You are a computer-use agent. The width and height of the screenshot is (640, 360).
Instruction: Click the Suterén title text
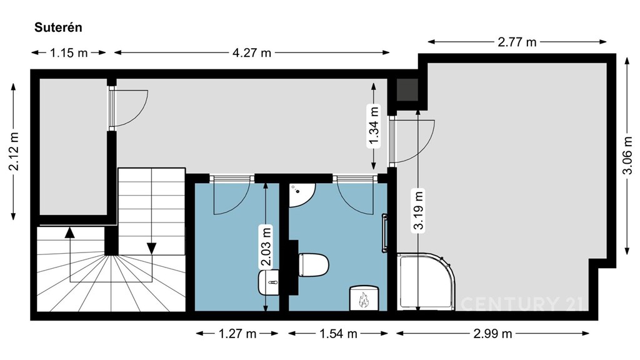[x=58, y=27]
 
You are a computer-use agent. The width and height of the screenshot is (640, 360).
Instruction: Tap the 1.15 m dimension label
[x=69, y=52]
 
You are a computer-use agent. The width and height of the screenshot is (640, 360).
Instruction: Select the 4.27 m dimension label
[x=252, y=52]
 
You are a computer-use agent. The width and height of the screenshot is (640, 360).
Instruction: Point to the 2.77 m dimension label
[x=517, y=42]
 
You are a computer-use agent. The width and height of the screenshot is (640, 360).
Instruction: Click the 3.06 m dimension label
[x=627, y=156]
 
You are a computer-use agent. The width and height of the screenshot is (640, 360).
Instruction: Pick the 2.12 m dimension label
[x=14, y=151]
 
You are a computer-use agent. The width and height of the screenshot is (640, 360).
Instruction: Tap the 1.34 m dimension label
[x=374, y=125]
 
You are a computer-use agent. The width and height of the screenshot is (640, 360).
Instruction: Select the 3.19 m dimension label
[x=418, y=210]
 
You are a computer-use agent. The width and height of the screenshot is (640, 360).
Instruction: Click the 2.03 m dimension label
[x=266, y=247]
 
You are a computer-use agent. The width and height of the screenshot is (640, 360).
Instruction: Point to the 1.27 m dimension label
[x=237, y=334]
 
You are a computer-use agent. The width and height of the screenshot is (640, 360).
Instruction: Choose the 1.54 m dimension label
[x=338, y=334]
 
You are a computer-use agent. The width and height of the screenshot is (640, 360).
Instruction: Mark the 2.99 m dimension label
[x=492, y=334]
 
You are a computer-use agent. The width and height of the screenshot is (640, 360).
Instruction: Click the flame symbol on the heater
[x=363, y=300]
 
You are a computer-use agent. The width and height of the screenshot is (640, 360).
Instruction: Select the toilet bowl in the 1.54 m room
[x=313, y=265]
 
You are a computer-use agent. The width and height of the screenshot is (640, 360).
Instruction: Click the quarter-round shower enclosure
[x=426, y=282]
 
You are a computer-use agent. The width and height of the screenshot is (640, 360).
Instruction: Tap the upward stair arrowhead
[x=70, y=232]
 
